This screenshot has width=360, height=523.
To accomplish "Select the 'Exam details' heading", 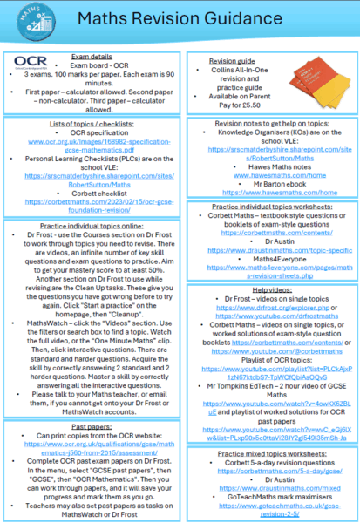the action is [x=90, y=56].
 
